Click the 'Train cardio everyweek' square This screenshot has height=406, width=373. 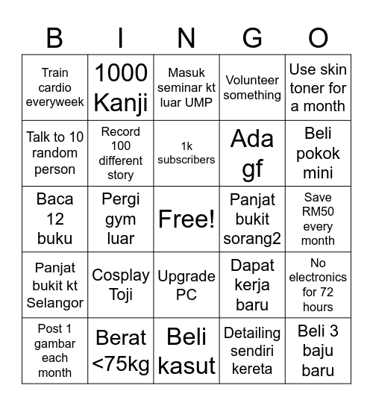click(x=54, y=87)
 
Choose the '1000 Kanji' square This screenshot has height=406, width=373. click(x=121, y=87)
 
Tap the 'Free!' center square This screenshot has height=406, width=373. click(x=186, y=219)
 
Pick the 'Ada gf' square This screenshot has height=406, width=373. click(x=252, y=153)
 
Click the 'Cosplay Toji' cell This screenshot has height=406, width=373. click(x=121, y=284)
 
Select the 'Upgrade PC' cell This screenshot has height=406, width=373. click(x=186, y=284)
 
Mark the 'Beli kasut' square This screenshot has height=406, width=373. click(x=186, y=350)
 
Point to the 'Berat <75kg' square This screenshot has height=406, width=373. click(x=121, y=350)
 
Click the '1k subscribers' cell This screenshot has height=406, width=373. click(x=186, y=153)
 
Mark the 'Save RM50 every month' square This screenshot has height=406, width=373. click(x=318, y=219)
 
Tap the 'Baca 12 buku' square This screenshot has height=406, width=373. click(x=54, y=219)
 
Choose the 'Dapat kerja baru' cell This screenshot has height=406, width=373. click(x=252, y=284)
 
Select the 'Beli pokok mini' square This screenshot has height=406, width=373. click(x=318, y=153)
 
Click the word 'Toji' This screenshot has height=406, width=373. click(x=121, y=294)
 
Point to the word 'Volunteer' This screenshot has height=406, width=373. click(x=252, y=80)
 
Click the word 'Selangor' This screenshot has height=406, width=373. click(x=54, y=303)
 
